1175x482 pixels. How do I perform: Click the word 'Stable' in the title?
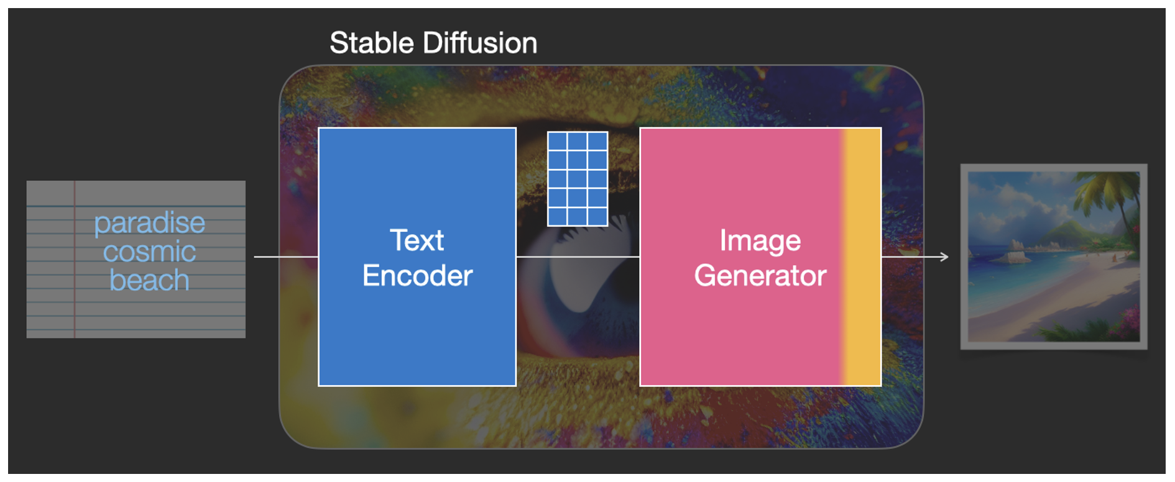[x=372, y=43]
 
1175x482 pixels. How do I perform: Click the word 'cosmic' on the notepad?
[x=149, y=252]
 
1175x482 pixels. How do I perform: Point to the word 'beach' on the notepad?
[x=149, y=280]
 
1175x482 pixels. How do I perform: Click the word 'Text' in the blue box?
[x=417, y=240]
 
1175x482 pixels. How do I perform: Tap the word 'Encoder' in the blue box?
[x=417, y=276]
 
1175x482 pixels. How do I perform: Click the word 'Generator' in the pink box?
[x=760, y=276]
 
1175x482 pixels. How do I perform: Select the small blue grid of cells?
[x=578, y=179]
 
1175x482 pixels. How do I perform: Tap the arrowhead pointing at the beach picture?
[x=944, y=257]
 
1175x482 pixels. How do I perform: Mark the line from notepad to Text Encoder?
[x=286, y=257]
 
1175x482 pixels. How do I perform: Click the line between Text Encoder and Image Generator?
[x=578, y=257]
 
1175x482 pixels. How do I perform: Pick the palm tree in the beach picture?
[x=1113, y=205]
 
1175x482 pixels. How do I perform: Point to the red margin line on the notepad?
[x=75, y=260]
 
